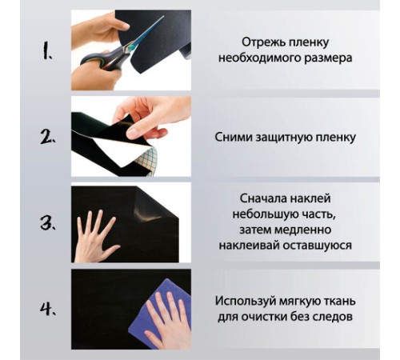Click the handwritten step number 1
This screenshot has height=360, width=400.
(x=47, y=52)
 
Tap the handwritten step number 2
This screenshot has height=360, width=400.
(x=48, y=138)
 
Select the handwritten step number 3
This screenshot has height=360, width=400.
(x=48, y=222)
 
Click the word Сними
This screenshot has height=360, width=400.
(x=234, y=138)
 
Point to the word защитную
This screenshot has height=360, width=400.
(x=284, y=138)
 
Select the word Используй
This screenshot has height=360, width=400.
(x=246, y=301)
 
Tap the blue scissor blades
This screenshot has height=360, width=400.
(x=146, y=33)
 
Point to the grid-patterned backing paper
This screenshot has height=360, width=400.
(x=149, y=162)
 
